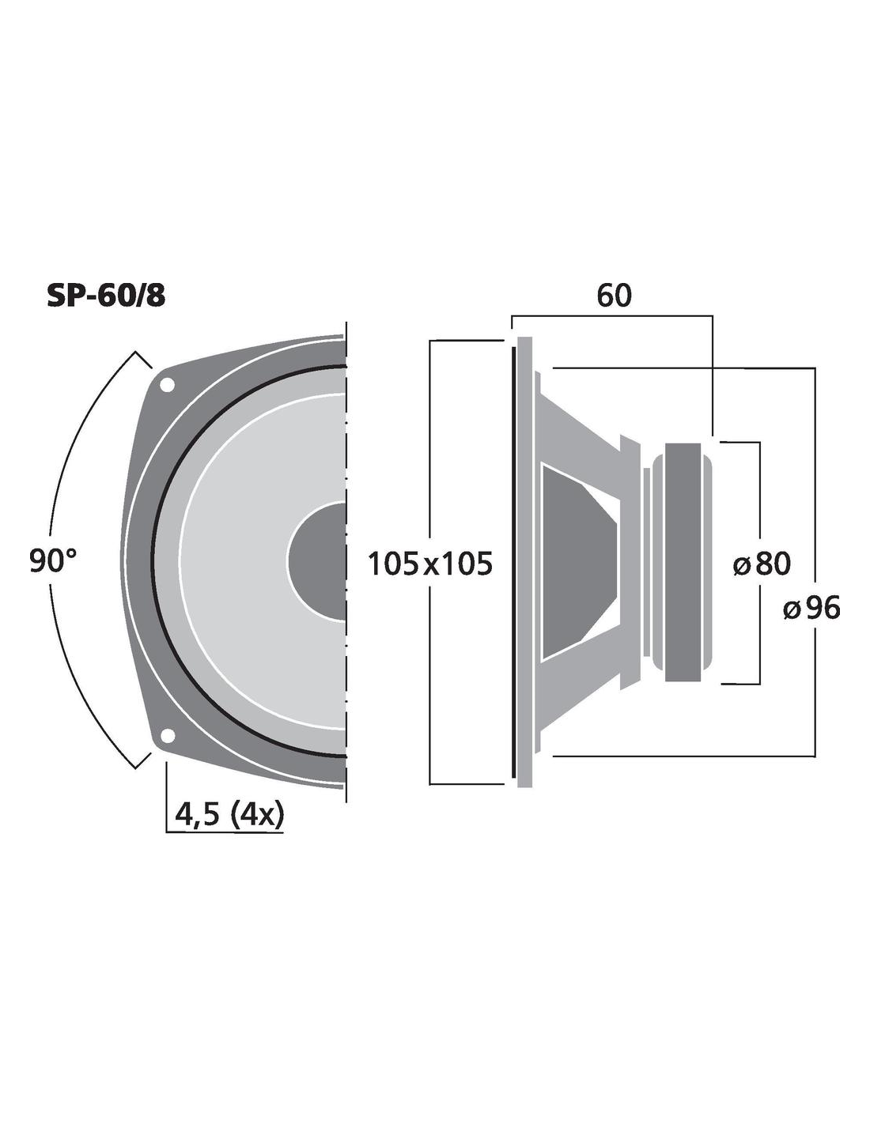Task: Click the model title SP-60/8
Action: tap(106, 296)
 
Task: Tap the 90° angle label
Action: tap(53, 561)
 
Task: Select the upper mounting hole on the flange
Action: tap(167, 385)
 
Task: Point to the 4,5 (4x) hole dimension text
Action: tap(230, 816)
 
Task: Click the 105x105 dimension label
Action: tap(429, 564)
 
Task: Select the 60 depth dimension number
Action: tap(615, 296)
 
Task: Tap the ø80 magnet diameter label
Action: tap(762, 564)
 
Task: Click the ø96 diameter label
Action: tap(811, 607)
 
